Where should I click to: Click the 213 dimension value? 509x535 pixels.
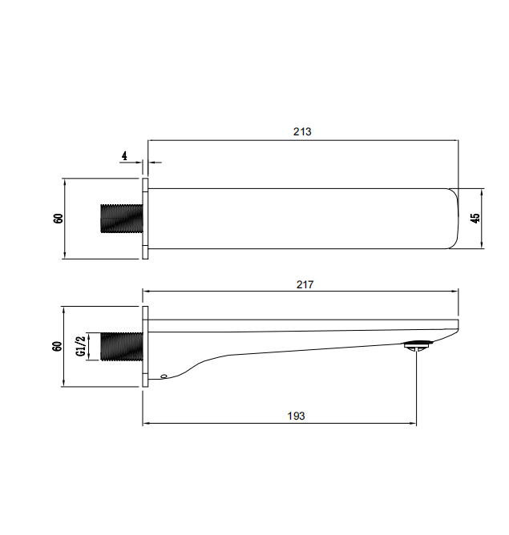(x=302, y=131)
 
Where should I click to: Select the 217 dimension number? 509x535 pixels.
(x=305, y=284)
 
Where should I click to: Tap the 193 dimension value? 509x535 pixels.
(x=296, y=416)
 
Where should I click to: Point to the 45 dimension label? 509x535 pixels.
(x=475, y=219)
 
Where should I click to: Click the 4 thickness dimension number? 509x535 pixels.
(x=124, y=156)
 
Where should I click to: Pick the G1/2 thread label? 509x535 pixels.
(x=81, y=346)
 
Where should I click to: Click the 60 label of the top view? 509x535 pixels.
(x=59, y=219)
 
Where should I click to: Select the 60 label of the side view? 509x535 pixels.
(x=58, y=346)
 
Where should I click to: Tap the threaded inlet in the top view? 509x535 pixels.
(x=122, y=219)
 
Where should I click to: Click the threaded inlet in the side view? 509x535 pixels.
(x=122, y=346)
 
